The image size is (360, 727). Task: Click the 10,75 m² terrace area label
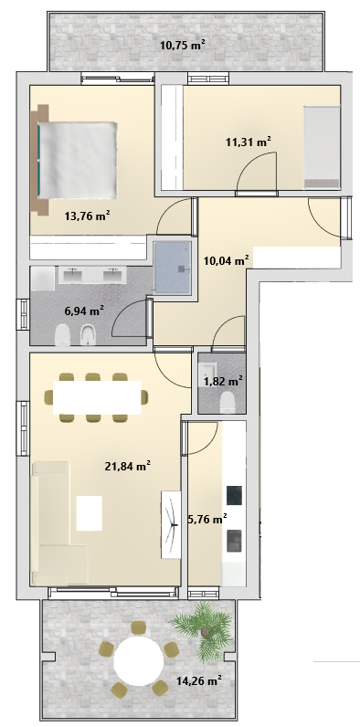pos(183,45)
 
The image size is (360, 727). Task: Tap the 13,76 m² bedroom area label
pos(87,216)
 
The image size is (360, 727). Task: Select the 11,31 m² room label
pos(249,142)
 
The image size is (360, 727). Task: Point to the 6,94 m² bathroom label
pos(84,311)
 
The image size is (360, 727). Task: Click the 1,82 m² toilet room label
pos(223,382)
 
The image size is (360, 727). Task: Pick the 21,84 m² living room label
pos(128,467)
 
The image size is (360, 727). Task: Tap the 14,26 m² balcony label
pos(198,680)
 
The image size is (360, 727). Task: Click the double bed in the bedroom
pos(73,160)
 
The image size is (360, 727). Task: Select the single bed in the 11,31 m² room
pos(322,147)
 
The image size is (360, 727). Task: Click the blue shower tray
pos(172,267)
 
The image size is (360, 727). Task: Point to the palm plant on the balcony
pos(204,628)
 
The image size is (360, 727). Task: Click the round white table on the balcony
pos(139,661)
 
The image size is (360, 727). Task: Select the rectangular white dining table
pos(97,397)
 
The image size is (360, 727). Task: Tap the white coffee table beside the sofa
pos(89,512)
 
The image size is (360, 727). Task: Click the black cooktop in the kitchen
pos(234,495)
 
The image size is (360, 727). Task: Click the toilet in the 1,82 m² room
pos(227,402)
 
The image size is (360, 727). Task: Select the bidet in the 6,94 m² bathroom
pos(87,335)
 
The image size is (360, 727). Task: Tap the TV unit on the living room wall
pos(171,524)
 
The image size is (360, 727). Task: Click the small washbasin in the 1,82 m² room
pos(207,373)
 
